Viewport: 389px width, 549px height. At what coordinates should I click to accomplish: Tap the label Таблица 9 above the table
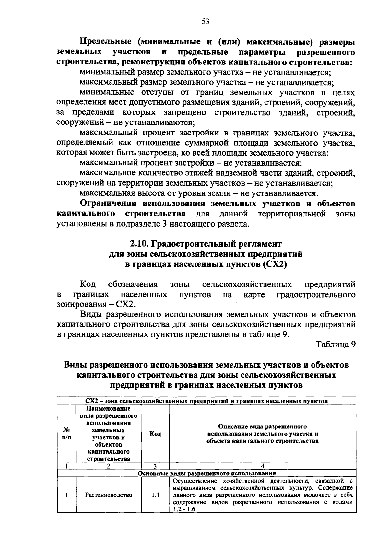point(336,345)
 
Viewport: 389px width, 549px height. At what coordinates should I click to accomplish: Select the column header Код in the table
point(155,434)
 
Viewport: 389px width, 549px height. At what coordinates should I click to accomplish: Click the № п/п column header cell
point(66,434)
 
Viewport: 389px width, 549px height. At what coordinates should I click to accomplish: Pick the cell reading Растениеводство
point(109,495)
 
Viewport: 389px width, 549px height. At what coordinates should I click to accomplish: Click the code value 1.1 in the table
point(155,495)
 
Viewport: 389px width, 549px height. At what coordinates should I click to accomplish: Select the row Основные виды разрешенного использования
point(206,473)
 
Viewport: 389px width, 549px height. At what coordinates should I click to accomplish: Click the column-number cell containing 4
point(263,466)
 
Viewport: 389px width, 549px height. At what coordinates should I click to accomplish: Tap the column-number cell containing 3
point(155,466)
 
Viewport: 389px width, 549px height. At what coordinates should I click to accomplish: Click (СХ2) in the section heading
point(275,264)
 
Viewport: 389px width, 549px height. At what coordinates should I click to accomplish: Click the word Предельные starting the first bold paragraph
point(105,42)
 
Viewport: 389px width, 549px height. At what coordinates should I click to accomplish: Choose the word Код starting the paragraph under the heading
point(88,285)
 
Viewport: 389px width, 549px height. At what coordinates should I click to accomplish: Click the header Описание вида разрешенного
point(263,426)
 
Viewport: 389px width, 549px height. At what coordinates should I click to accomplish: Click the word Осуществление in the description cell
point(195,481)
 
